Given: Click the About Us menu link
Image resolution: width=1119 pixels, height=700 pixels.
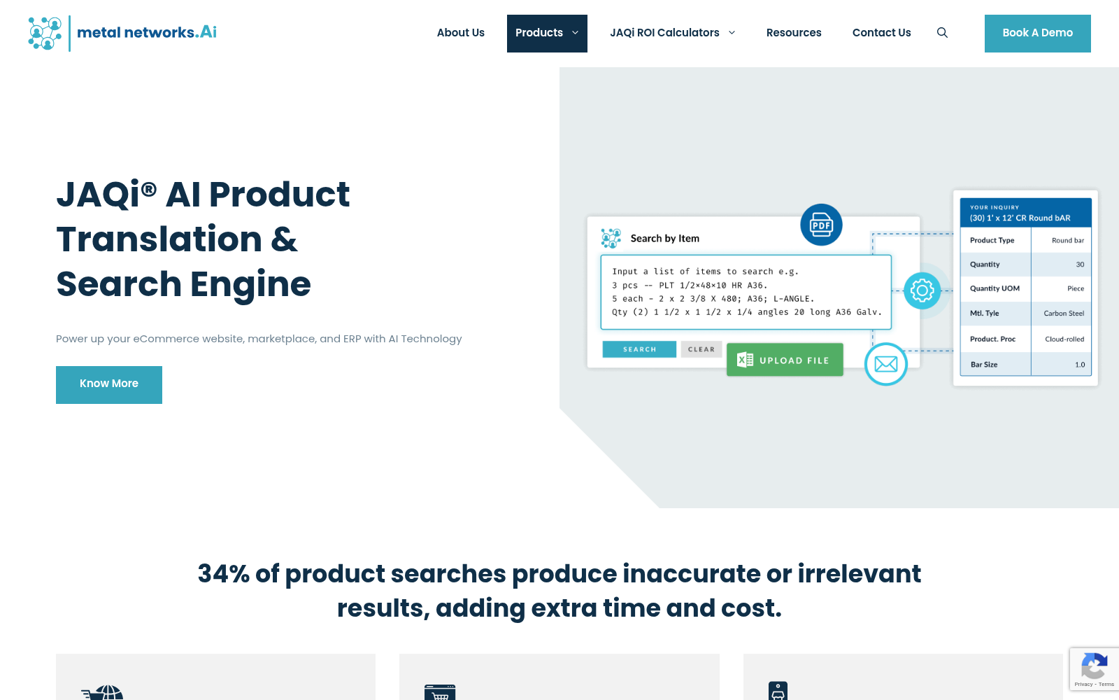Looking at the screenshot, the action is tap(461, 33).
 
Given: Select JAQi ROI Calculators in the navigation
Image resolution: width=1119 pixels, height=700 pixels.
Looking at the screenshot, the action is tap(672, 33).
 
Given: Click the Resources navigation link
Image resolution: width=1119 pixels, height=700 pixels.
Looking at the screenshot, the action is tap(794, 33).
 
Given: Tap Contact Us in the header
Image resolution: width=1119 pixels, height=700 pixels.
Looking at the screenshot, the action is tap(882, 33).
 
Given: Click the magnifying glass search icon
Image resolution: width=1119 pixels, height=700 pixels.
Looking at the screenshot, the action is tap(942, 33).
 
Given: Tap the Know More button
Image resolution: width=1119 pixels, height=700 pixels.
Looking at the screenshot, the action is tap(109, 384).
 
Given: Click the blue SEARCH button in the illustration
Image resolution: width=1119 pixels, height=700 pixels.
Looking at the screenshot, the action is tap(639, 349).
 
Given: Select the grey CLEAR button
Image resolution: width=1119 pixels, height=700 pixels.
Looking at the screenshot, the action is tap(701, 349).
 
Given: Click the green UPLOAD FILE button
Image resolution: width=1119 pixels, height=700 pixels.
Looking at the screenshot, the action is tap(785, 360).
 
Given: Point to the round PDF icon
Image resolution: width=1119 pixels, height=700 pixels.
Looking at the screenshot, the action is tap(821, 225).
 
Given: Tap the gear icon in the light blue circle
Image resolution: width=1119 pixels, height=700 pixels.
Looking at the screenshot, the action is tap(922, 290).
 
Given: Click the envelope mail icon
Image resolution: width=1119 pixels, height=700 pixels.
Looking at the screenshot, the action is tap(885, 364).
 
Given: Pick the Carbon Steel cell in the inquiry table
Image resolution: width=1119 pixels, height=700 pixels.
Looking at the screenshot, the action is tap(1064, 314).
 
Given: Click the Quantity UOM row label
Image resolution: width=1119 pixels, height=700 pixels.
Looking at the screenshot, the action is tap(995, 288).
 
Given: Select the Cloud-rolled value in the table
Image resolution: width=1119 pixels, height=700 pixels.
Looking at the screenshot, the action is tap(1064, 339).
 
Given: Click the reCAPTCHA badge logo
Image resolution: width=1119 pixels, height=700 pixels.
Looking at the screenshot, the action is tap(1094, 666).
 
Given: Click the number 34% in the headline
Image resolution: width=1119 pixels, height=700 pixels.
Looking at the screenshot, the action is tap(223, 573).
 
